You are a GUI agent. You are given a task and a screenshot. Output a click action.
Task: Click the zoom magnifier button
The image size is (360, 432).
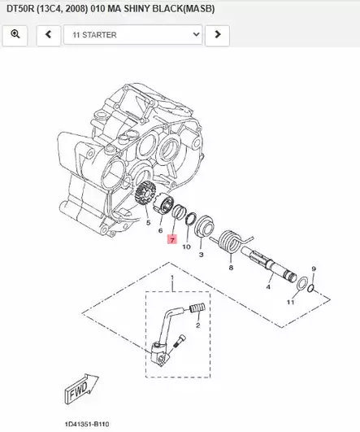[15, 36]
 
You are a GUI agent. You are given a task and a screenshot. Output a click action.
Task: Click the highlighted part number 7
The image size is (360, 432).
[171, 240]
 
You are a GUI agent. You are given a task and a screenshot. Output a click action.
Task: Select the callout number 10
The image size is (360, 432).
[186, 246]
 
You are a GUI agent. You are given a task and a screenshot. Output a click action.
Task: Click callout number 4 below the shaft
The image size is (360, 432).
[269, 286]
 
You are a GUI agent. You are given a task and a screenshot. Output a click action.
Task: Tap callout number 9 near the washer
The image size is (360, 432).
[314, 268]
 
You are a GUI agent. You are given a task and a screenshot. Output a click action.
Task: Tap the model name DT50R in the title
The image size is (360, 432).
[22, 8]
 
